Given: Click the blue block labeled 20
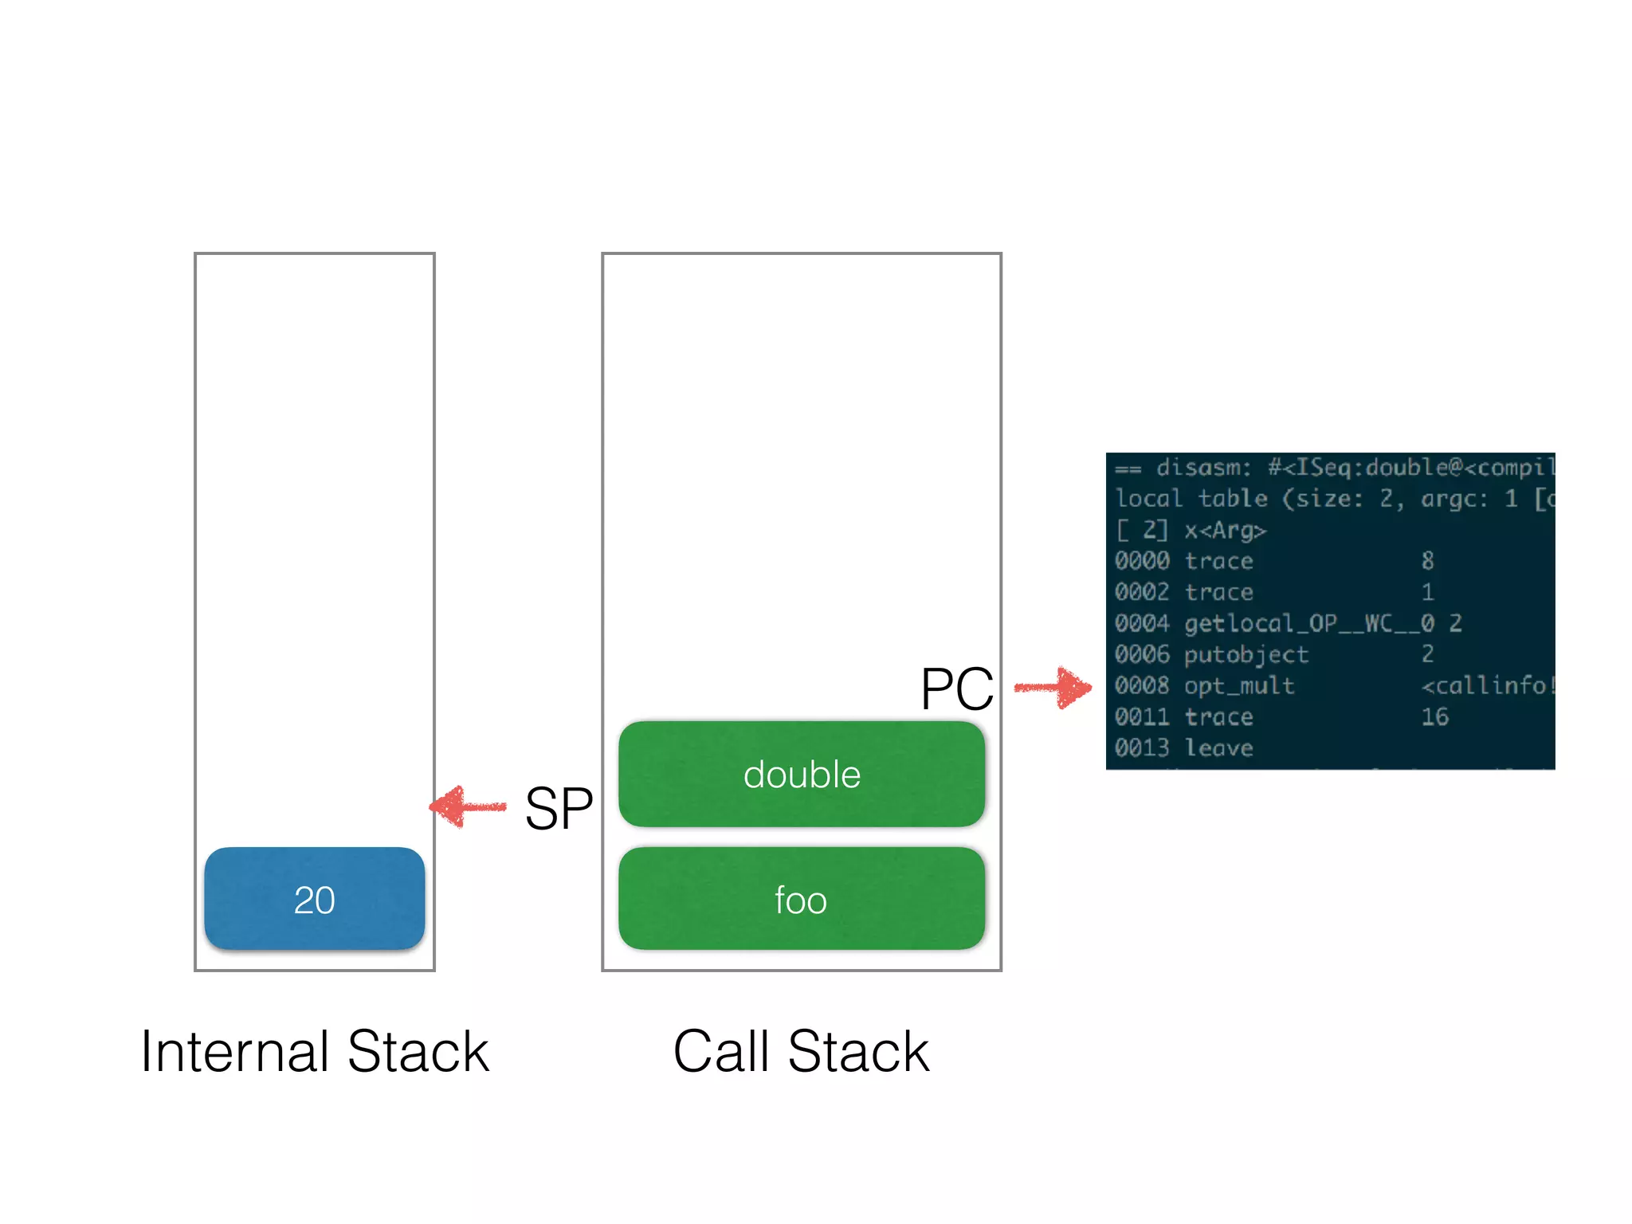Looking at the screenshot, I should coord(314,899).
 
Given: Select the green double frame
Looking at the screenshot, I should coord(802,775).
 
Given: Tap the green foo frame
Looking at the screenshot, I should coord(802,899).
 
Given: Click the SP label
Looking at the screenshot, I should coord(559,808).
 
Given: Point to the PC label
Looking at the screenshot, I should coord(956,688).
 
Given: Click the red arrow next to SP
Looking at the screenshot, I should coord(468,806).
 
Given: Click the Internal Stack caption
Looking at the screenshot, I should coord(314,1052).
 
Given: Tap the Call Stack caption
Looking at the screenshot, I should coord(801,1052).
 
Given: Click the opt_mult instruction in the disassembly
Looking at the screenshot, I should coord(1239,686).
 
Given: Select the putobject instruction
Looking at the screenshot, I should coord(1246,655).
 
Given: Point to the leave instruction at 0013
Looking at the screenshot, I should coord(1218,748).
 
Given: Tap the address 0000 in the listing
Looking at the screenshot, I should coord(1142,561).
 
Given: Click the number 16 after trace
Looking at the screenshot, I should coord(1434,717).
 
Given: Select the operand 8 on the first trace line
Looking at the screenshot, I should coord(1427,561).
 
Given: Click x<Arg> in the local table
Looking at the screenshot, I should coord(1225,530).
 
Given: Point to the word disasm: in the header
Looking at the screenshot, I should coord(1203,468).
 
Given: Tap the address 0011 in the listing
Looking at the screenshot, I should coord(1142,717).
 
